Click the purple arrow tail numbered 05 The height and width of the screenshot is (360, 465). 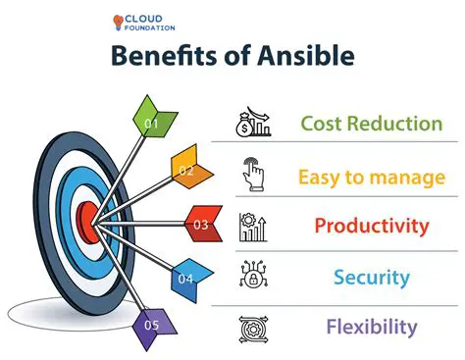153,324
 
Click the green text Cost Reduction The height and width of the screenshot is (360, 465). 371,124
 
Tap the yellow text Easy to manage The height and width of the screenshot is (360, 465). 371,176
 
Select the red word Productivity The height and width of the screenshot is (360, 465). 371,227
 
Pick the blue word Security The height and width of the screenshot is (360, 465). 371,278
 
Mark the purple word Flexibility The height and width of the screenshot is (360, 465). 371,327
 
